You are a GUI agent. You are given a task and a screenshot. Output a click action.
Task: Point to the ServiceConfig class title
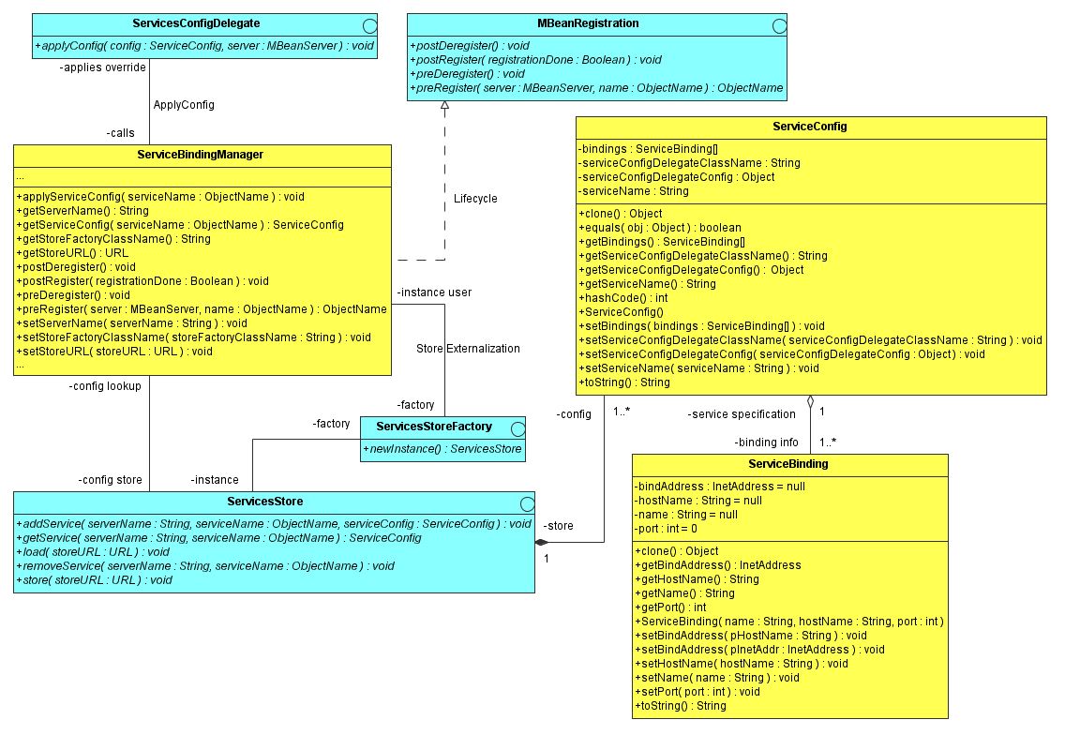click(x=810, y=126)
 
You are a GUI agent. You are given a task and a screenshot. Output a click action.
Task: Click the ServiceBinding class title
click(x=788, y=464)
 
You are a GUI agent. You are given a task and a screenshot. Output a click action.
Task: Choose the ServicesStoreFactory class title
click(x=433, y=427)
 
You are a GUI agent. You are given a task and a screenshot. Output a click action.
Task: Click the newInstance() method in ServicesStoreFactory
click(x=442, y=450)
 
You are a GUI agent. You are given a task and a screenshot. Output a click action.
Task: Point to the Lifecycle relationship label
click(x=475, y=199)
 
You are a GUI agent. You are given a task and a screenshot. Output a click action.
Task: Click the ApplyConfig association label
click(x=184, y=105)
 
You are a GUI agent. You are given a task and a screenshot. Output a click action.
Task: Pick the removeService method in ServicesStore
click(x=205, y=566)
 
